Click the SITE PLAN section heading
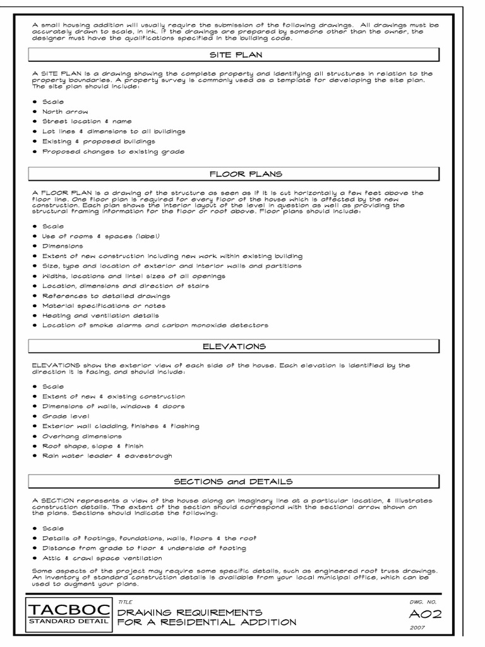pyautogui.click(x=234, y=55)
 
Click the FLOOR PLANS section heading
pyautogui.click(x=234, y=172)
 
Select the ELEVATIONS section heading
pyautogui.click(x=234, y=346)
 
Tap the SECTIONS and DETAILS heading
pyautogui.click(x=234, y=482)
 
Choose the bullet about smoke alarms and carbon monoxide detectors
pyautogui.click(x=155, y=325)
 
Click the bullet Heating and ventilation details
pyautogui.click(x=100, y=315)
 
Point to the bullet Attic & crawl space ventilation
pyautogui.click(x=102, y=558)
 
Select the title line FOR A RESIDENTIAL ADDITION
pyautogui.click(x=207, y=622)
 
